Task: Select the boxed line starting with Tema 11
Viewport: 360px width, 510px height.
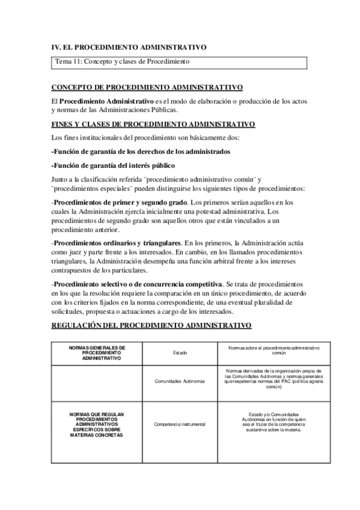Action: [x=123, y=61]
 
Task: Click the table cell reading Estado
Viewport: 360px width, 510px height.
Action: [x=180, y=353]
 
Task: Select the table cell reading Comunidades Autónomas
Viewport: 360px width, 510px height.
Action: [x=180, y=381]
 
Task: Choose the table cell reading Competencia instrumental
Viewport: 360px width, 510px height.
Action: [x=180, y=424]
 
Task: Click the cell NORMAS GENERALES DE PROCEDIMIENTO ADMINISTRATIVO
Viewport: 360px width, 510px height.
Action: [x=97, y=352]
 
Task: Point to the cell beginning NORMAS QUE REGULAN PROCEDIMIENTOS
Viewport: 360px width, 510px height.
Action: [x=97, y=425]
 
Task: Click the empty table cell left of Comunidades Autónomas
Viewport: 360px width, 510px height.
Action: [x=97, y=381]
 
